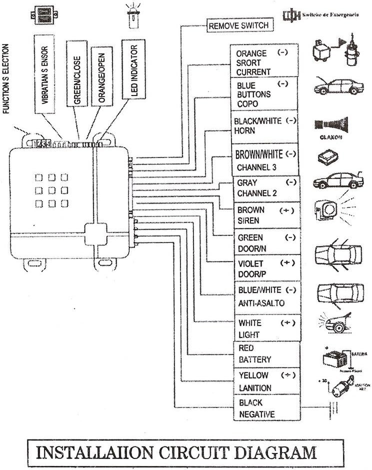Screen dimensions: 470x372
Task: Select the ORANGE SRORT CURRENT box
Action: click(x=264, y=62)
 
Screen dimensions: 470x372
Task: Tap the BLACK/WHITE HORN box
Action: click(x=265, y=126)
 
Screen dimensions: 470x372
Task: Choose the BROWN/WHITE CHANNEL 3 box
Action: click(x=265, y=160)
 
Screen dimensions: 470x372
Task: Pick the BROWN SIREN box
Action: click(x=267, y=215)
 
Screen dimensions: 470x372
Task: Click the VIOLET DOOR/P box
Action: click(x=267, y=268)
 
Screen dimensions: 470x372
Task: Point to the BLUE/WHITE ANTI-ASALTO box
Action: click(x=267, y=296)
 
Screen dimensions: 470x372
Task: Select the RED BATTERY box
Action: click(x=267, y=353)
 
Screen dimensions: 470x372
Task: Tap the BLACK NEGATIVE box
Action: click(x=267, y=408)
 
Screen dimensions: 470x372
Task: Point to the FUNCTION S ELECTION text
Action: click(x=6, y=79)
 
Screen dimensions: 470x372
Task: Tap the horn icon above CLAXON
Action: click(x=331, y=123)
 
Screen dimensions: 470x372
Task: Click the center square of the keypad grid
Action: click(x=51, y=190)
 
